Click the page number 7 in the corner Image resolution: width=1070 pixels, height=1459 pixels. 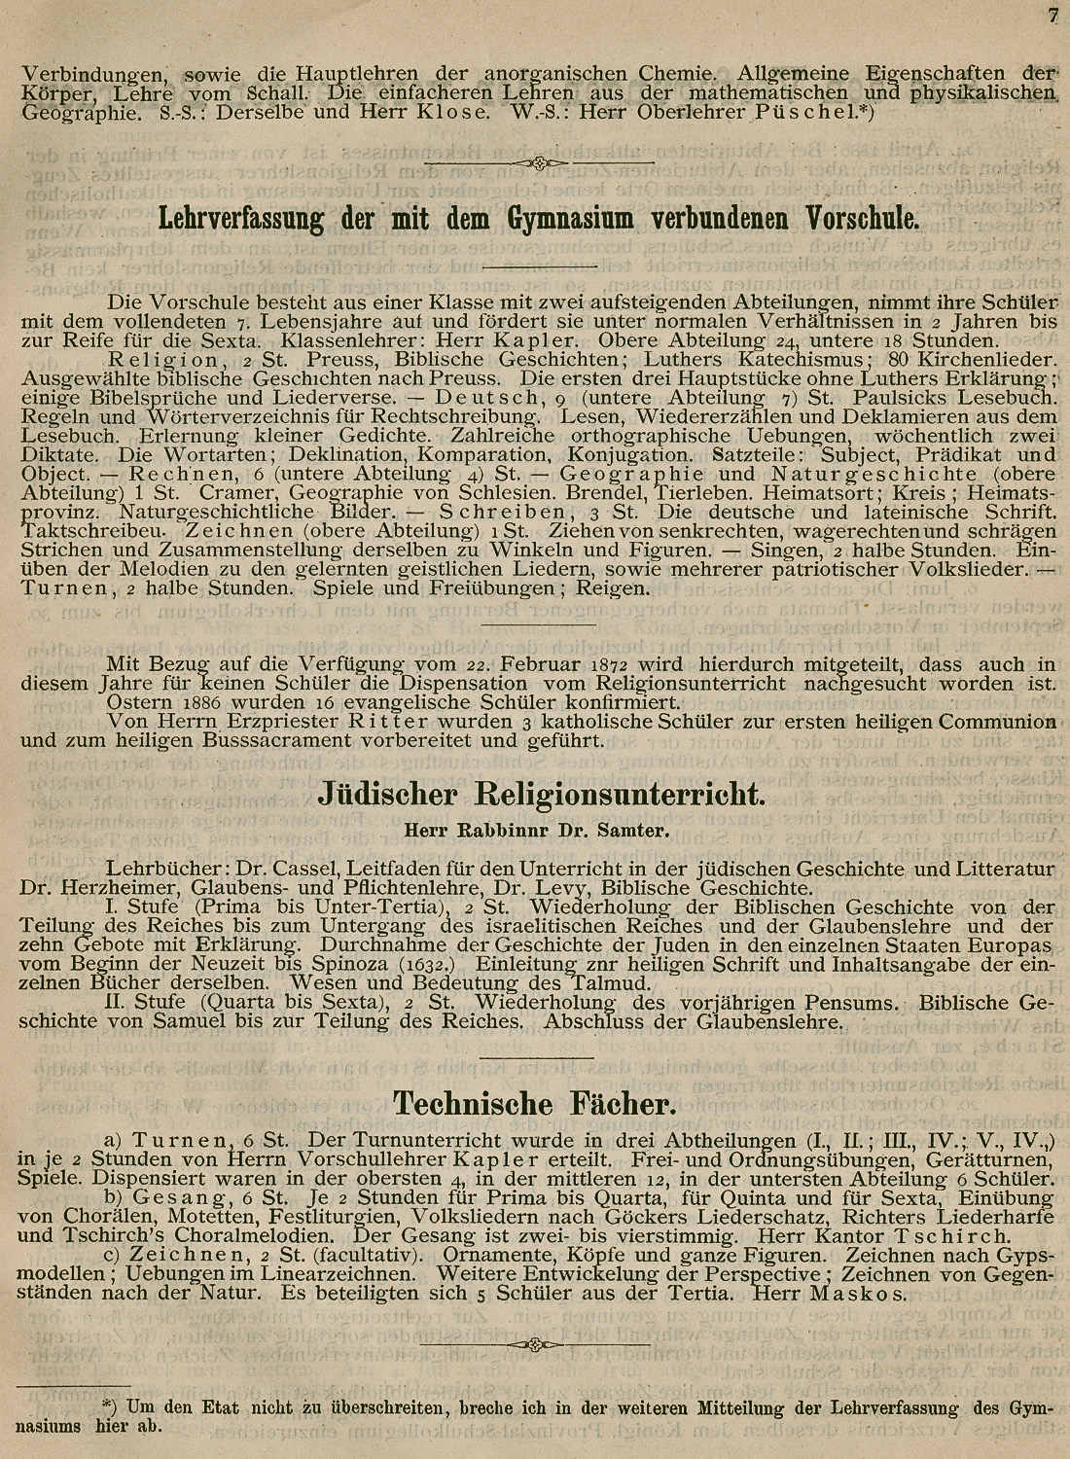1052,14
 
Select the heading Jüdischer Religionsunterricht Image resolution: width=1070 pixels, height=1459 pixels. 542,796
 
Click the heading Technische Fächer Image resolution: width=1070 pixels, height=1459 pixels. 533,1103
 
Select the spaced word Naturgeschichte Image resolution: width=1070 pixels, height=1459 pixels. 874,474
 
